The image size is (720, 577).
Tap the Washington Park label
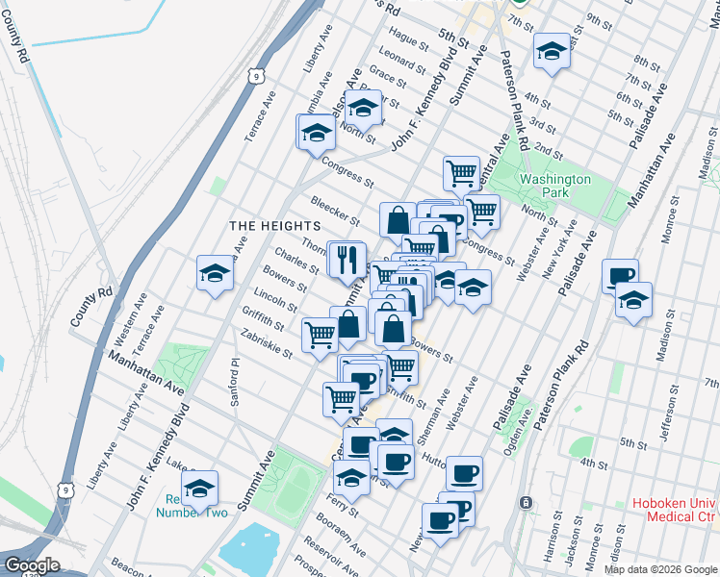[x=554, y=186]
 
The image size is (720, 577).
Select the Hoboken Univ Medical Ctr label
[x=674, y=511]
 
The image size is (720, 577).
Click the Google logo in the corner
[x=31, y=564]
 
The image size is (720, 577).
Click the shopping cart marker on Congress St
[x=461, y=173]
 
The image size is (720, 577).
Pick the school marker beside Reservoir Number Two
[x=199, y=488]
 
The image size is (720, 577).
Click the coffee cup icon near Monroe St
[x=620, y=276]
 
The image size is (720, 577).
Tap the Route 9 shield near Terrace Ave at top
[x=254, y=74]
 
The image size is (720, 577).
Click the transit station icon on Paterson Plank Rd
[x=526, y=503]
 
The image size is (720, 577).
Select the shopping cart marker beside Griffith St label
[x=320, y=334]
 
